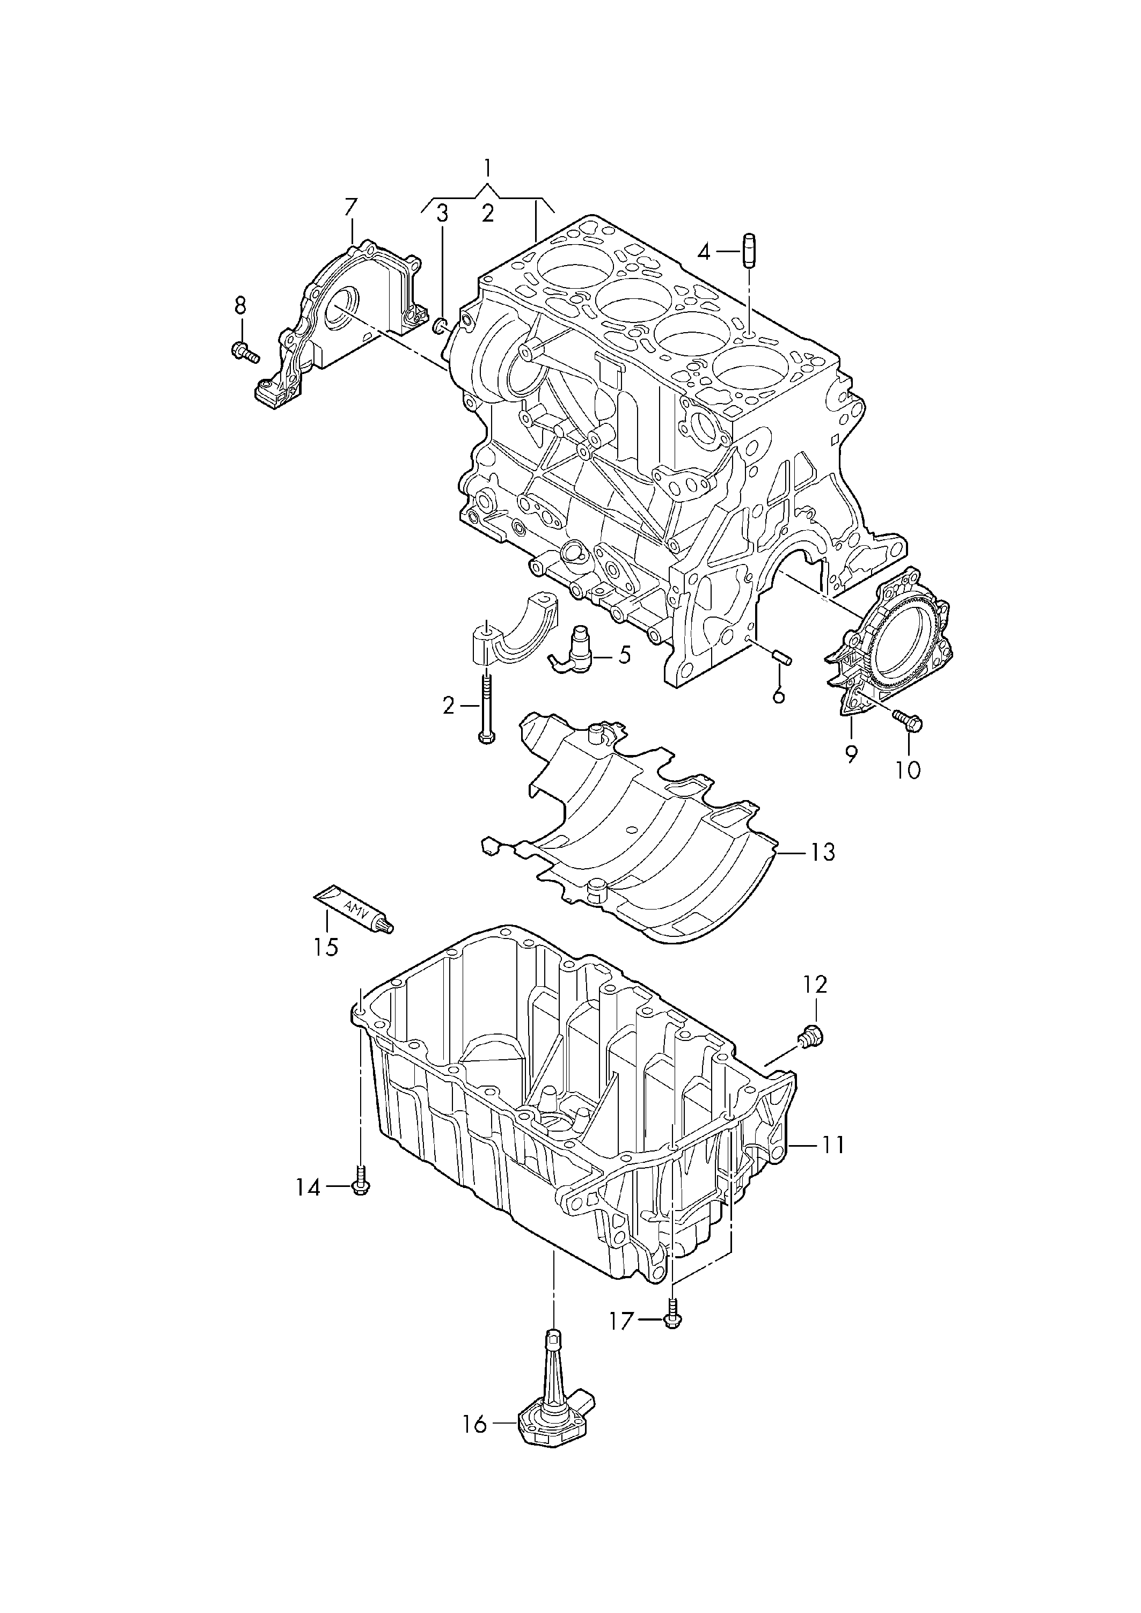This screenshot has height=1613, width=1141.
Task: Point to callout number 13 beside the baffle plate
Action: (821, 852)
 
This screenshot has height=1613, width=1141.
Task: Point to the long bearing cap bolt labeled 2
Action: (486, 706)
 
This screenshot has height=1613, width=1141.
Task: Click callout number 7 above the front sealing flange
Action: (350, 207)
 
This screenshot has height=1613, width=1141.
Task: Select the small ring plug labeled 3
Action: (441, 325)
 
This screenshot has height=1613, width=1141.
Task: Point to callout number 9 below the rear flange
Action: (851, 754)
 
